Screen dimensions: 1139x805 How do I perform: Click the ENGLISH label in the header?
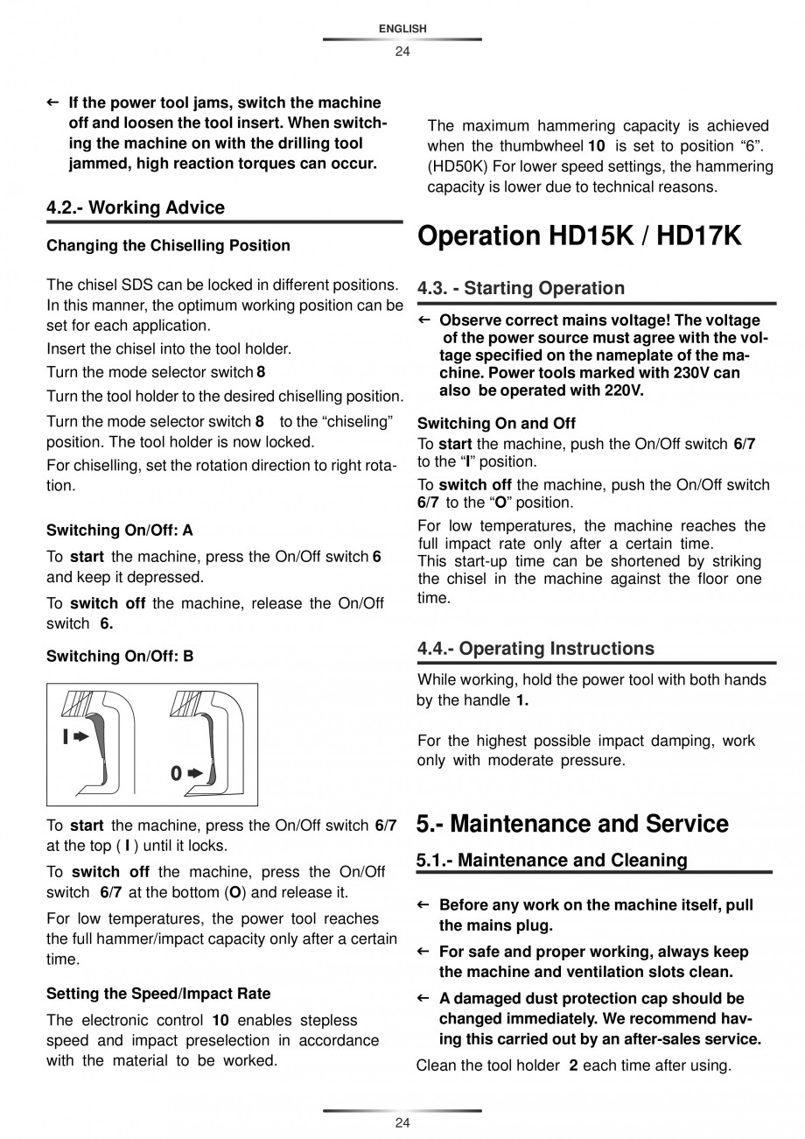(x=402, y=29)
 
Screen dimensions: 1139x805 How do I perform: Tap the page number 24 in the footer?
(x=402, y=1123)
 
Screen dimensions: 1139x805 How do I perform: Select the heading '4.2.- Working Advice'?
(x=136, y=207)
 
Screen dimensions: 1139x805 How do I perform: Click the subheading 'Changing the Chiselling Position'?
(x=168, y=245)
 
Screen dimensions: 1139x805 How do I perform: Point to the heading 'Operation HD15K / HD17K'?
(x=579, y=236)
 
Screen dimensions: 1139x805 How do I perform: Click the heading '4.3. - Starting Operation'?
(x=521, y=288)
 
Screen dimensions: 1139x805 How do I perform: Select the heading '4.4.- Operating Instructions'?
(x=535, y=649)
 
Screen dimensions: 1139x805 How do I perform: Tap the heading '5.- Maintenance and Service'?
(x=572, y=824)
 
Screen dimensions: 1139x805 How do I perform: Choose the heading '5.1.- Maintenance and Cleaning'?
(x=551, y=861)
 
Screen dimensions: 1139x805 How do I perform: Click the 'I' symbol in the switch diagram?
(x=66, y=737)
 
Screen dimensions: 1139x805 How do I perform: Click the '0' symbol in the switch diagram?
(x=176, y=774)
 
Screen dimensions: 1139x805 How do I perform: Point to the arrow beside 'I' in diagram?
(x=81, y=737)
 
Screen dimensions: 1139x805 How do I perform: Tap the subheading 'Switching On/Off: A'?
(x=120, y=531)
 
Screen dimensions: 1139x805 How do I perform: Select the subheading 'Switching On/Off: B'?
(x=120, y=656)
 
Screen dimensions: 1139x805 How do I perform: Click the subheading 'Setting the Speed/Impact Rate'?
(x=158, y=994)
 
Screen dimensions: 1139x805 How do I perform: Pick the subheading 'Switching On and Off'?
(x=496, y=424)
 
